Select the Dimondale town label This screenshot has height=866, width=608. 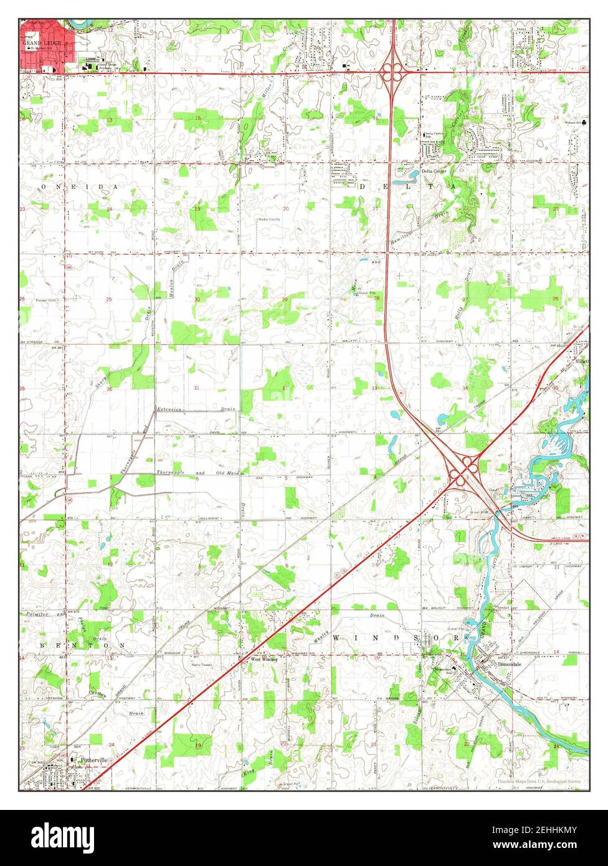click(505, 664)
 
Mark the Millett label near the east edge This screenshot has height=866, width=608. click(582, 361)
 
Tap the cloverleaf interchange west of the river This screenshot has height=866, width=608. click(462, 471)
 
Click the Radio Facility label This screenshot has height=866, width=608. click(270, 219)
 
